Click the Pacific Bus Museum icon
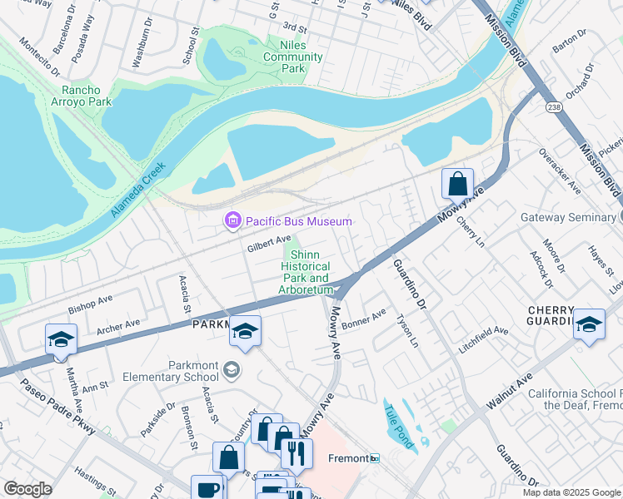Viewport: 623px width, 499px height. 232,220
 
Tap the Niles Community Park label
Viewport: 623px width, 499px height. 292,57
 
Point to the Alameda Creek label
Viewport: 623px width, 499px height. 138,190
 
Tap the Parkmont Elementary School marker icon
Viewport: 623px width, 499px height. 232,369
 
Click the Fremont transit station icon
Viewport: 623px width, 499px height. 375,458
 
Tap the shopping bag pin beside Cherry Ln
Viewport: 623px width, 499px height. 457,183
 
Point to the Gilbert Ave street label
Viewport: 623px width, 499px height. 268,243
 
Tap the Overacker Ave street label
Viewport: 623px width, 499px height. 559,170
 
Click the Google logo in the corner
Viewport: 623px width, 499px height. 27,489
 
